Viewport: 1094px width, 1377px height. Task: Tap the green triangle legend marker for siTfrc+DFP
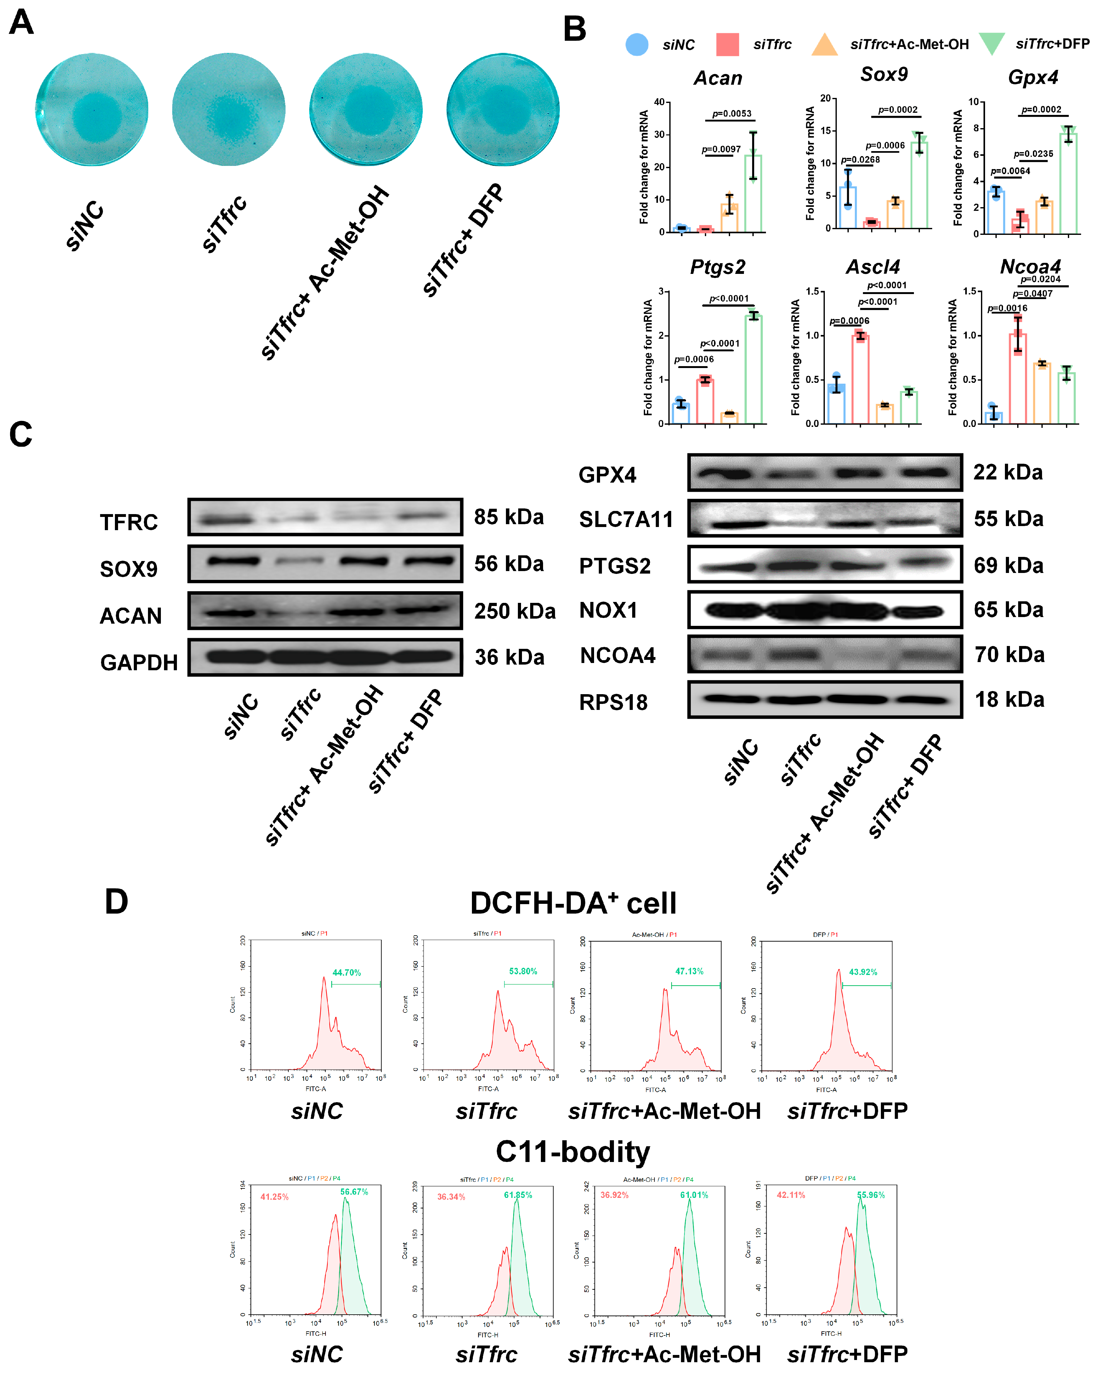pos(992,43)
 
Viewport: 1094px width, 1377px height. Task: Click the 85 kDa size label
pos(508,517)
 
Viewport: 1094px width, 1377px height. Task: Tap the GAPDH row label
pos(139,662)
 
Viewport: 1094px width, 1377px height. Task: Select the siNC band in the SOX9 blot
pos(233,561)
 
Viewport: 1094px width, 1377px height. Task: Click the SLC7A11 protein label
pos(626,519)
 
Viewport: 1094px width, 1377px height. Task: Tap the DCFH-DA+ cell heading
pos(573,903)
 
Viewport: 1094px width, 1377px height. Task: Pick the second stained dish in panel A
pos(229,110)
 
